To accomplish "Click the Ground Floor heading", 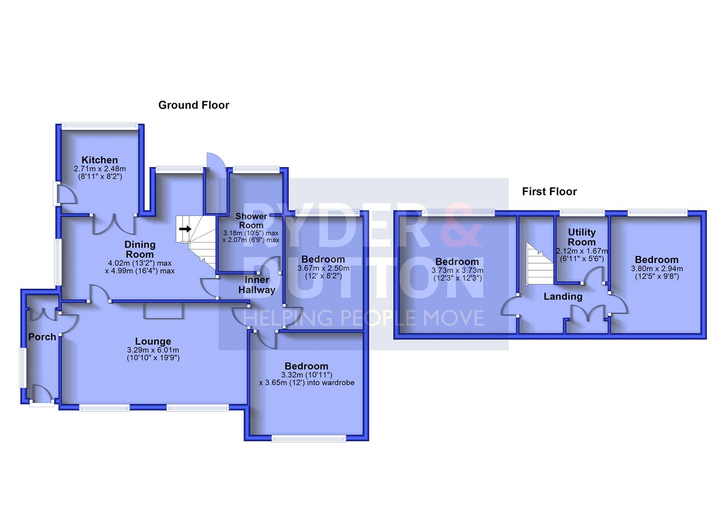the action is click(x=194, y=105).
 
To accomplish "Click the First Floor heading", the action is click(x=549, y=192).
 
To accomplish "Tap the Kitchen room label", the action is click(x=100, y=160).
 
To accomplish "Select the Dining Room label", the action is click(x=140, y=249).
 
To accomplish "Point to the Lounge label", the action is click(x=153, y=341).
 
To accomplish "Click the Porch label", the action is click(x=42, y=337).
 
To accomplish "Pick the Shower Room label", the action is click(x=251, y=221).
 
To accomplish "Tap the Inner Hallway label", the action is click(x=257, y=285).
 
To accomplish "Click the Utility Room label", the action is click(x=582, y=237).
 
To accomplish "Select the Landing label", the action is click(x=563, y=296).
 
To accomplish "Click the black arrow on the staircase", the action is click(x=185, y=229).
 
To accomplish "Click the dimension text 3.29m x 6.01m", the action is click(x=153, y=350).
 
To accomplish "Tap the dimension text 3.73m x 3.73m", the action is click(x=457, y=271).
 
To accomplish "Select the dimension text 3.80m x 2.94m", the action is click(x=657, y=269).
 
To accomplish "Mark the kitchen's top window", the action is click(x=100, y=125).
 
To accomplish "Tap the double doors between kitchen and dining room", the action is click(x=114, y=224).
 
